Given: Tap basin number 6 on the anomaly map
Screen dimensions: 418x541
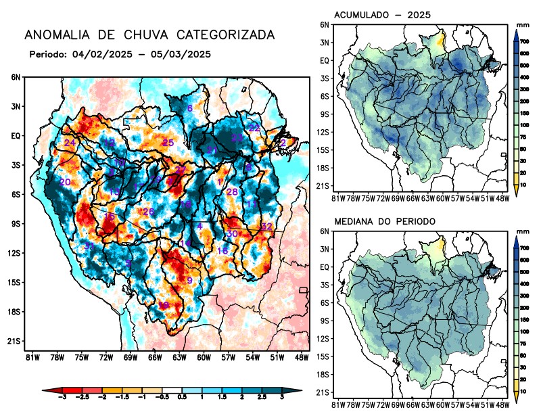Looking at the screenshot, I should tap(190, 109).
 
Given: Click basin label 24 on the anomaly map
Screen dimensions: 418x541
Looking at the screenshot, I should tap(70, 143).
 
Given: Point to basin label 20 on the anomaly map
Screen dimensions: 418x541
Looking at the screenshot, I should tap(65, 183).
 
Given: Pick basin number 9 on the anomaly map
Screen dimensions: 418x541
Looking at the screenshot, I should tap(189, 281).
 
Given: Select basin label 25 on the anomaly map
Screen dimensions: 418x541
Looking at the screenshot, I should tap(168, 143).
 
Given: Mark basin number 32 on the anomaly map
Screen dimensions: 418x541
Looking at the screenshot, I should tap(266, 226).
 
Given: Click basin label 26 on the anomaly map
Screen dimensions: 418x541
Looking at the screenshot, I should tap(149, 212).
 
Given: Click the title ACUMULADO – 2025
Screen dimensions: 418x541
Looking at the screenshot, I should tap(383, 15).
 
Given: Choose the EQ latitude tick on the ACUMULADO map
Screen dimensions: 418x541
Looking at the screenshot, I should tap(325, 60).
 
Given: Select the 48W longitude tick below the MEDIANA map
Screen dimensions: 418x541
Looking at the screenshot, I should tap(502, 405).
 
